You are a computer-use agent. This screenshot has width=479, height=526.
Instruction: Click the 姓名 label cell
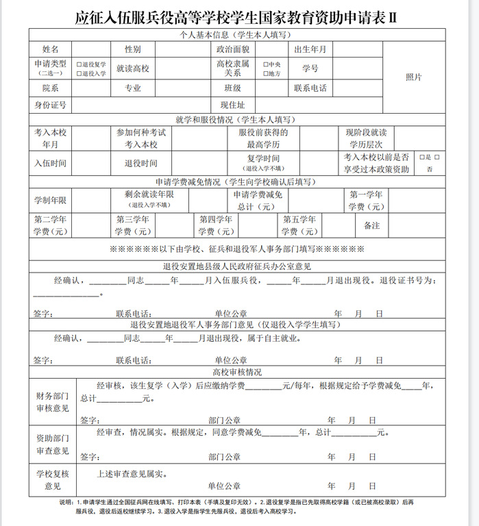pos(50,50)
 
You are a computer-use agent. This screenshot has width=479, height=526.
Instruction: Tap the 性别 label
pos(133,50)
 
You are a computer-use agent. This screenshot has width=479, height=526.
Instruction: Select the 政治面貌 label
pos(232,50)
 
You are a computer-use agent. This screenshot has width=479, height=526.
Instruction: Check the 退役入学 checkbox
pos(79,73)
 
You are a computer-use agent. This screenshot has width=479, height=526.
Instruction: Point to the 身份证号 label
pos(50,105)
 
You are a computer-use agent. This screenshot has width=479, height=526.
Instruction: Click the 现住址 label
pos(232,105)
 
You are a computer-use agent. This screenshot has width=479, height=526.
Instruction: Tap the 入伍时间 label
pos(50,163)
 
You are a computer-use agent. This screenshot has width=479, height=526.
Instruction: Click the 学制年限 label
pos(50,201)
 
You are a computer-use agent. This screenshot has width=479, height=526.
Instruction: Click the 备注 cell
pos(371,225)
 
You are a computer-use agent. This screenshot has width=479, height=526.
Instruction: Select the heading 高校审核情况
pos(236,372)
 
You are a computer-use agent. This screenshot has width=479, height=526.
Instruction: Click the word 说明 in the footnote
pos(67,502)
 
